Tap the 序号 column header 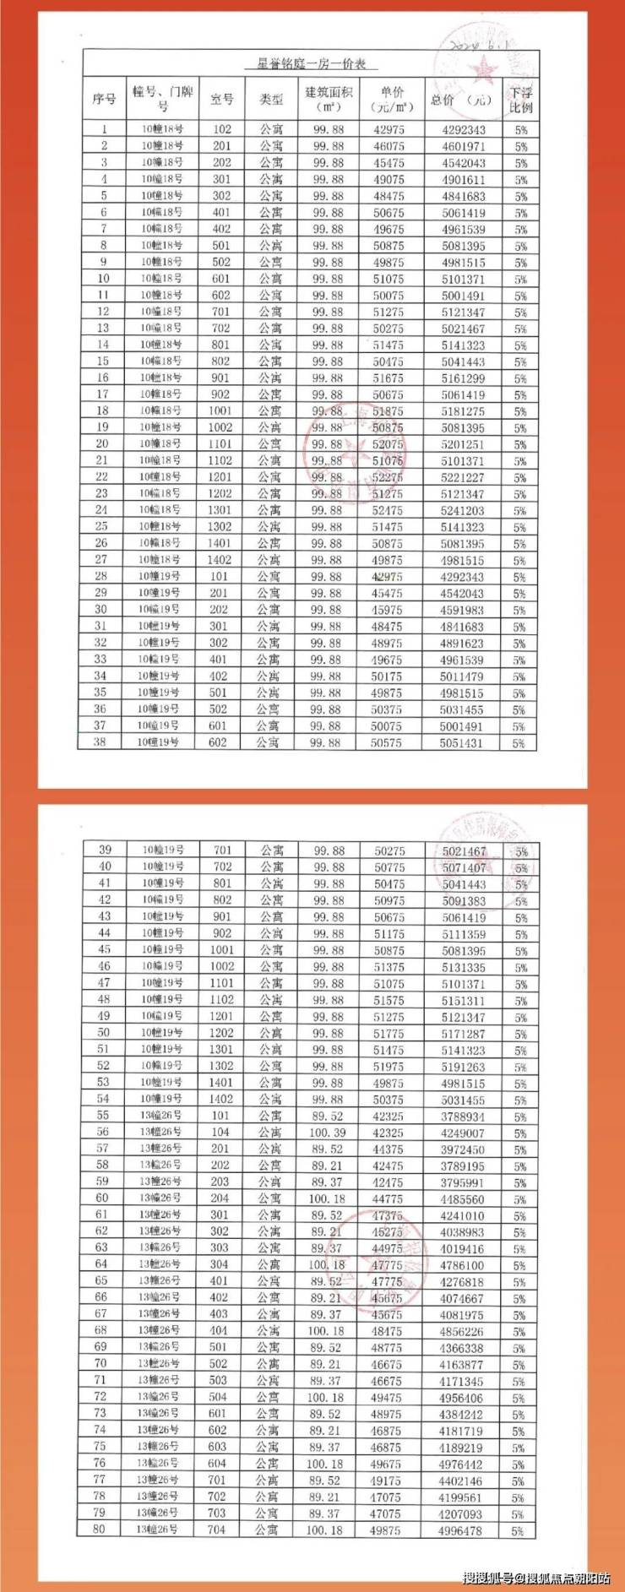pyautogui.click(x=104, y=99)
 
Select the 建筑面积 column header pyautogui.click(x=329, y=99)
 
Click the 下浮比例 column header pyautogui.click(x=521, y=99)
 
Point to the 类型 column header pyautogui.click(x=271, y=99)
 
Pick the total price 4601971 pyautogui.click(x=463, y=146)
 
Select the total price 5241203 pyautogui.click(x=463, y=510)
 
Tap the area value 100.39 pyautogui.click(x=328, y=1133)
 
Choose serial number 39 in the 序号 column pyautogui.click(x=105, y=850)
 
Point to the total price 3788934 pyautogui.click(x=462, y=1117)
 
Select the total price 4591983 pyautogui.click(x=463, y=610)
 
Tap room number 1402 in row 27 pyautogui.click(x=220, y=560)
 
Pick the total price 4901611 pyautogui.click(x=463, y=179)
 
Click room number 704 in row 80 pyautogui.click(x=217, y=1530)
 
